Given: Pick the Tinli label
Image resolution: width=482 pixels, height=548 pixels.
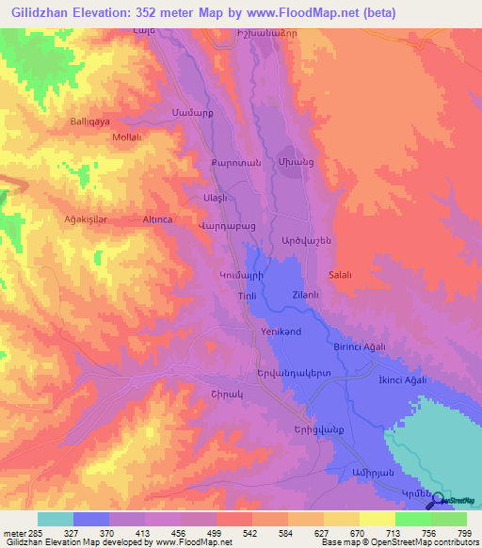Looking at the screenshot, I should point(246,297).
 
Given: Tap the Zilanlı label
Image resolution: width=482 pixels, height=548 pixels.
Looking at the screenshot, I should point(307,295).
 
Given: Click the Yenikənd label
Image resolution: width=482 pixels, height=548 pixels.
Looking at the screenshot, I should point(281,332).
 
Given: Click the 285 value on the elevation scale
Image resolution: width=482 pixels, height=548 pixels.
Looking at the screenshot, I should point(36,533).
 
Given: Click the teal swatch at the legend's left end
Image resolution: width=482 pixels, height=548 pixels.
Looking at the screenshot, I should point(56,519).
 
